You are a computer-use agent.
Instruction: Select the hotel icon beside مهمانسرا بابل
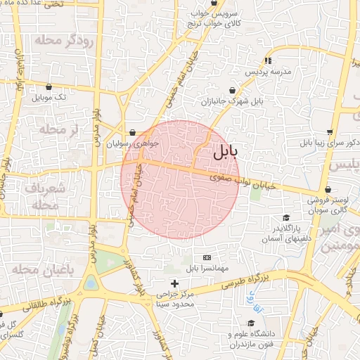coord(206,258)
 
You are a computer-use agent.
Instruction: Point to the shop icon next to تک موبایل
coord(37,97)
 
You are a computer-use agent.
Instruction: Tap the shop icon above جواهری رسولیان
coord(132,131)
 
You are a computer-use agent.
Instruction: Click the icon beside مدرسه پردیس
coord(267,60)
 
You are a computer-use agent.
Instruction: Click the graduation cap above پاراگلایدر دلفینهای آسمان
coord(285,218)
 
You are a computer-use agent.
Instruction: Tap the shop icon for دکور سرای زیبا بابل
coord(330,131)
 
